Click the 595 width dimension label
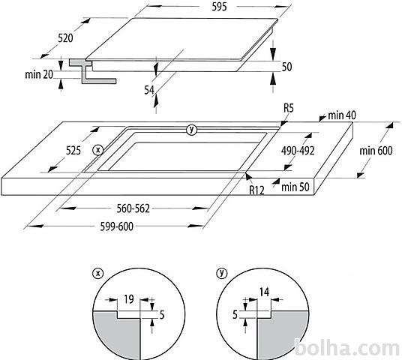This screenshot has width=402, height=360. click(219, 7)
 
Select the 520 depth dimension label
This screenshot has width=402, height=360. click(65, 38)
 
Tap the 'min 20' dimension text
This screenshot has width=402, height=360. click(39, 74)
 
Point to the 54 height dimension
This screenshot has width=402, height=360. click(149, 90)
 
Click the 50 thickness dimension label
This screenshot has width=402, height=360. click(287, 67)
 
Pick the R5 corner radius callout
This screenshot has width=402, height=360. click(289, 108)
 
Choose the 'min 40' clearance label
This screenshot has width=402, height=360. click(342, 115)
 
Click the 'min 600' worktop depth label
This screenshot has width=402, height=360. click(376, 151)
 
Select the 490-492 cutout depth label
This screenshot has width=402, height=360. click(298, 151)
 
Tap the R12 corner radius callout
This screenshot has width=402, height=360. click(257, 190)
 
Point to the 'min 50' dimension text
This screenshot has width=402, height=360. click(295, 187)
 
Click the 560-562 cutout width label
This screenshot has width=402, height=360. click(133, 208)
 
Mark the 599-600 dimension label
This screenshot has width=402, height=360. click(117, 226)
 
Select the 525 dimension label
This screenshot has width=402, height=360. click(73, 150)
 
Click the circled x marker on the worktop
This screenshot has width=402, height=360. click(98, 150)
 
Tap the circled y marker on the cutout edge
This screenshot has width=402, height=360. click(191, 130)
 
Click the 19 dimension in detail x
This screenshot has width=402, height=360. click(129, 299)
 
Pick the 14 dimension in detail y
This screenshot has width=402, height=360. click(264, 292)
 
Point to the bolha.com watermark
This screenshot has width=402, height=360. click(347, 348)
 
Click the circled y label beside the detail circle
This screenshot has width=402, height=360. click(222, 273)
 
